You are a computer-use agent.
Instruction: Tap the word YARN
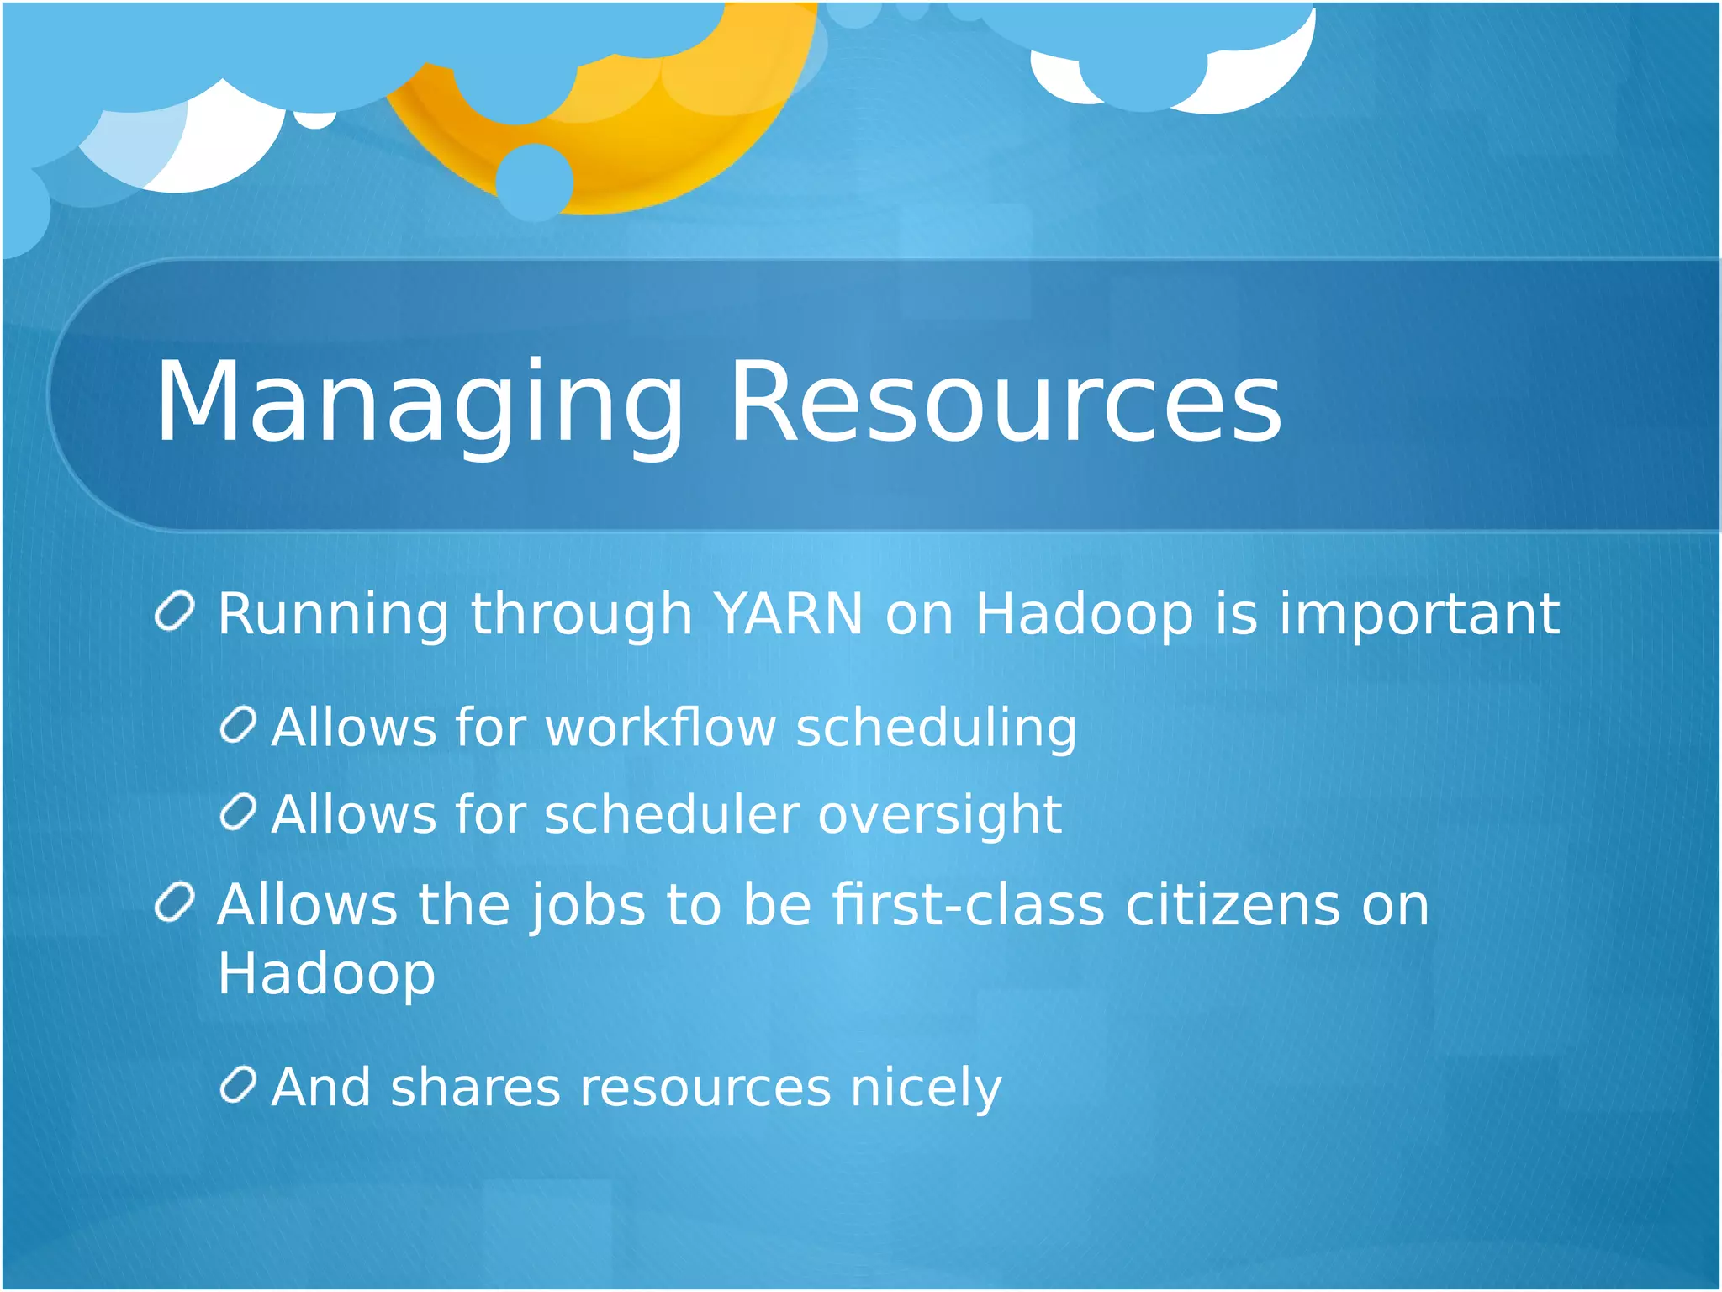(788, 613)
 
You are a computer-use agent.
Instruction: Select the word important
(1419, 615)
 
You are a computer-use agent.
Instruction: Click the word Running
(333, 615)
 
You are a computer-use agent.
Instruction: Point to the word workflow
(660, 727)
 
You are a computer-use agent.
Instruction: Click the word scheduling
(936, 728)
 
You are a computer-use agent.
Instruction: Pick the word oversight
(939, 816)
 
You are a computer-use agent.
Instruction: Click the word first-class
(968, 906)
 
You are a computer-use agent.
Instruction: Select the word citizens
(1233, 906)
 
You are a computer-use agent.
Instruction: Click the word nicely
(926, 1088)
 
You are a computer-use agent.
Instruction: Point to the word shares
(474, 1087)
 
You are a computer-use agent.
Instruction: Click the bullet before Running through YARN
(176, 612)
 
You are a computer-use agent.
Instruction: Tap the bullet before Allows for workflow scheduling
(238, 725)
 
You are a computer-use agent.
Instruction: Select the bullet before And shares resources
(238, 1085)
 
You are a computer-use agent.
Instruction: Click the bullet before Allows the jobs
(176, 903)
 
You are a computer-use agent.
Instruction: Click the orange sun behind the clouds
(664, 143)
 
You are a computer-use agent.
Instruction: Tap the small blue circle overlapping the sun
(534, 182)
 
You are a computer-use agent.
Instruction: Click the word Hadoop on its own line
(326, 974)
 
